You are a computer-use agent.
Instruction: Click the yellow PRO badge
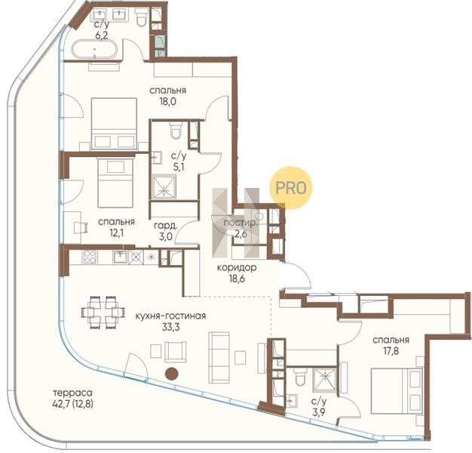point(290,188)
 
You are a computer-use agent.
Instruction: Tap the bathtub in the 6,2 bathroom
point(94,49)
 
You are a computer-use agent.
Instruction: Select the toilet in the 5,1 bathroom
point(176,130)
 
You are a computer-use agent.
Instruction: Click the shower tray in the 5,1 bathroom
point(164,187)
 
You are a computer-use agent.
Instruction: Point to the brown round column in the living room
point(172,374)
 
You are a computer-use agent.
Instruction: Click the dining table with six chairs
point(103,313)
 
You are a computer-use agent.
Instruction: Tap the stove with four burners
point(90,257)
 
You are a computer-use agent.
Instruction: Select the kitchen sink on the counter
point(121,257)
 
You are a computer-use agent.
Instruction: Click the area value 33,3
point(170,327)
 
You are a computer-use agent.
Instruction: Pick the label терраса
point(72,393)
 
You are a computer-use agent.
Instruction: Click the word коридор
point(237,267)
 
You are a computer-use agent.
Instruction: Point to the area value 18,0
point(168,102)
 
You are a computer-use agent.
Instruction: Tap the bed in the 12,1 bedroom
point(115,183)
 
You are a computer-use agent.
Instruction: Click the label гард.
point(166,225)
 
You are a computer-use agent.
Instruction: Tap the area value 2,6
point(241,233)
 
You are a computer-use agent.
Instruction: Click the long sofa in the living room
point(219,357)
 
